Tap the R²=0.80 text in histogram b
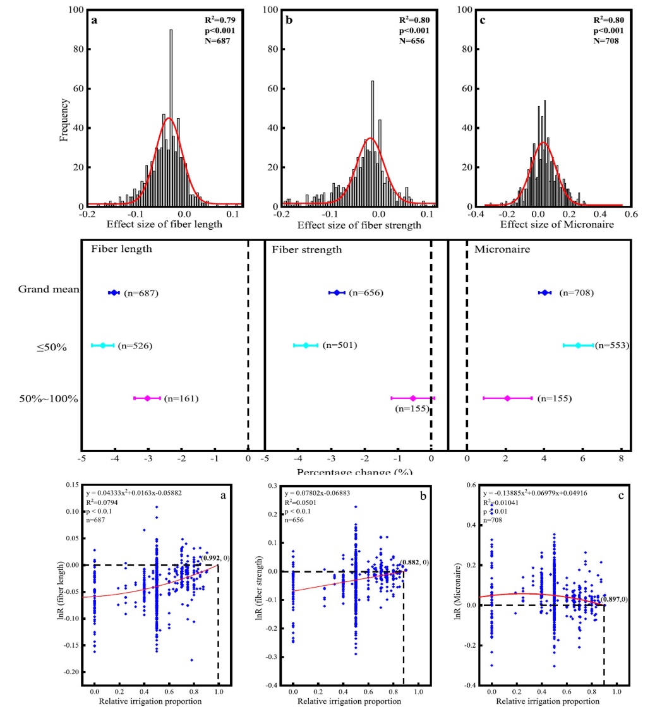(414, 20)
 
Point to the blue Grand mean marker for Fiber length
(114, 292)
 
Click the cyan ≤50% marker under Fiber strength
(306, 345)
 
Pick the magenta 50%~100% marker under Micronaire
(507, 398)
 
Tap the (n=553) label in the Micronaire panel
(610, 345)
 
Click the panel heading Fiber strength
(307, 249)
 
